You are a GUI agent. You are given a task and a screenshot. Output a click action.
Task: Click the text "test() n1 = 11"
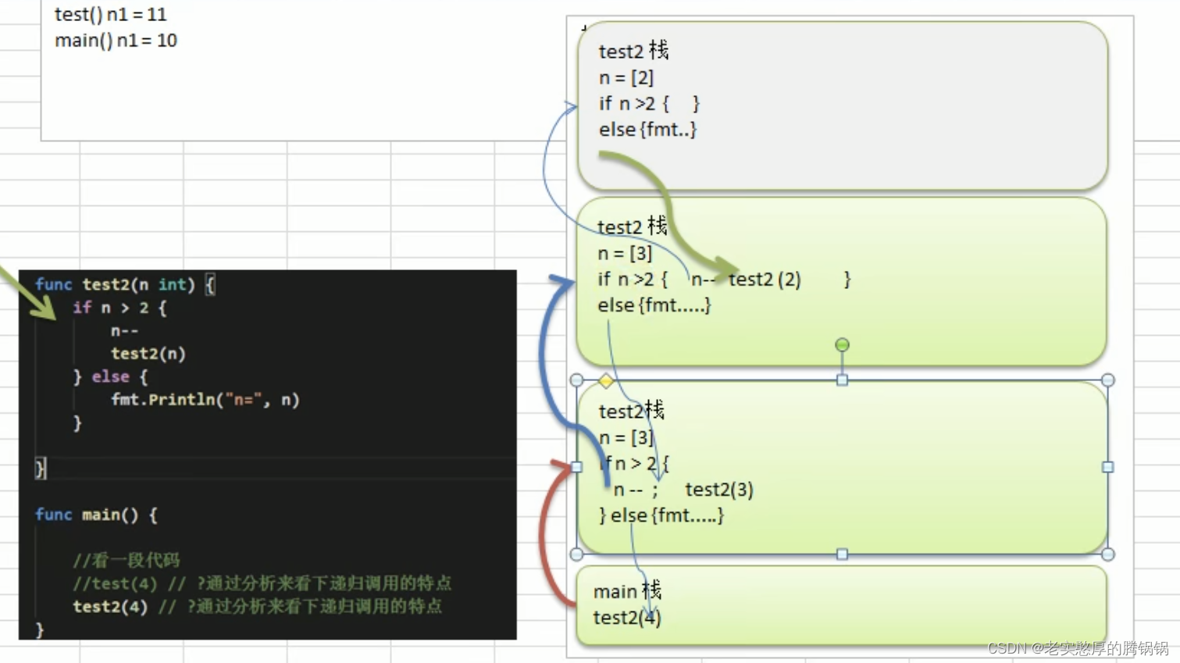(110, 14)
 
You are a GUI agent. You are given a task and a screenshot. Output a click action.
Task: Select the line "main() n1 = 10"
(116, 41)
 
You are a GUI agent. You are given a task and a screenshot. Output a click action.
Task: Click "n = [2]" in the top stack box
(626, 77)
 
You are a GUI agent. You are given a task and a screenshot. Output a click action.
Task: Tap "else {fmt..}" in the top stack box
(647, 130)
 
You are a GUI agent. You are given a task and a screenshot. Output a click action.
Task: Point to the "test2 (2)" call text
(765, 280)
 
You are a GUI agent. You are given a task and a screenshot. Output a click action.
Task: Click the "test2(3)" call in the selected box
(718, 490)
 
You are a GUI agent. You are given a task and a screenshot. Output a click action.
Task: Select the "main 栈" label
(627, 591)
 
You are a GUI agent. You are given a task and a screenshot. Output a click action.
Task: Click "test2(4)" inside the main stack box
(626, 618)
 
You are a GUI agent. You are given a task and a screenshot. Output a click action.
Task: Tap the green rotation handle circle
(842, 344)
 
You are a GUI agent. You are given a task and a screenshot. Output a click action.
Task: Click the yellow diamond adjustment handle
(606, 381)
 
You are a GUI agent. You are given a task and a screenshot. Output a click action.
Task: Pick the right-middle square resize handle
(1107, 467)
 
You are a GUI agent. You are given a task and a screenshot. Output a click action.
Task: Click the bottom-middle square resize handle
(842, 554)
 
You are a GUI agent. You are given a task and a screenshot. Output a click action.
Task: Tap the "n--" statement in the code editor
(125, 330)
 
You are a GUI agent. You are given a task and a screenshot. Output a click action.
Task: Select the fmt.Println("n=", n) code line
(205, 400)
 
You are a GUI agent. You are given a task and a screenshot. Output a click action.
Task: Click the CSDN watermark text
(1078, 648)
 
